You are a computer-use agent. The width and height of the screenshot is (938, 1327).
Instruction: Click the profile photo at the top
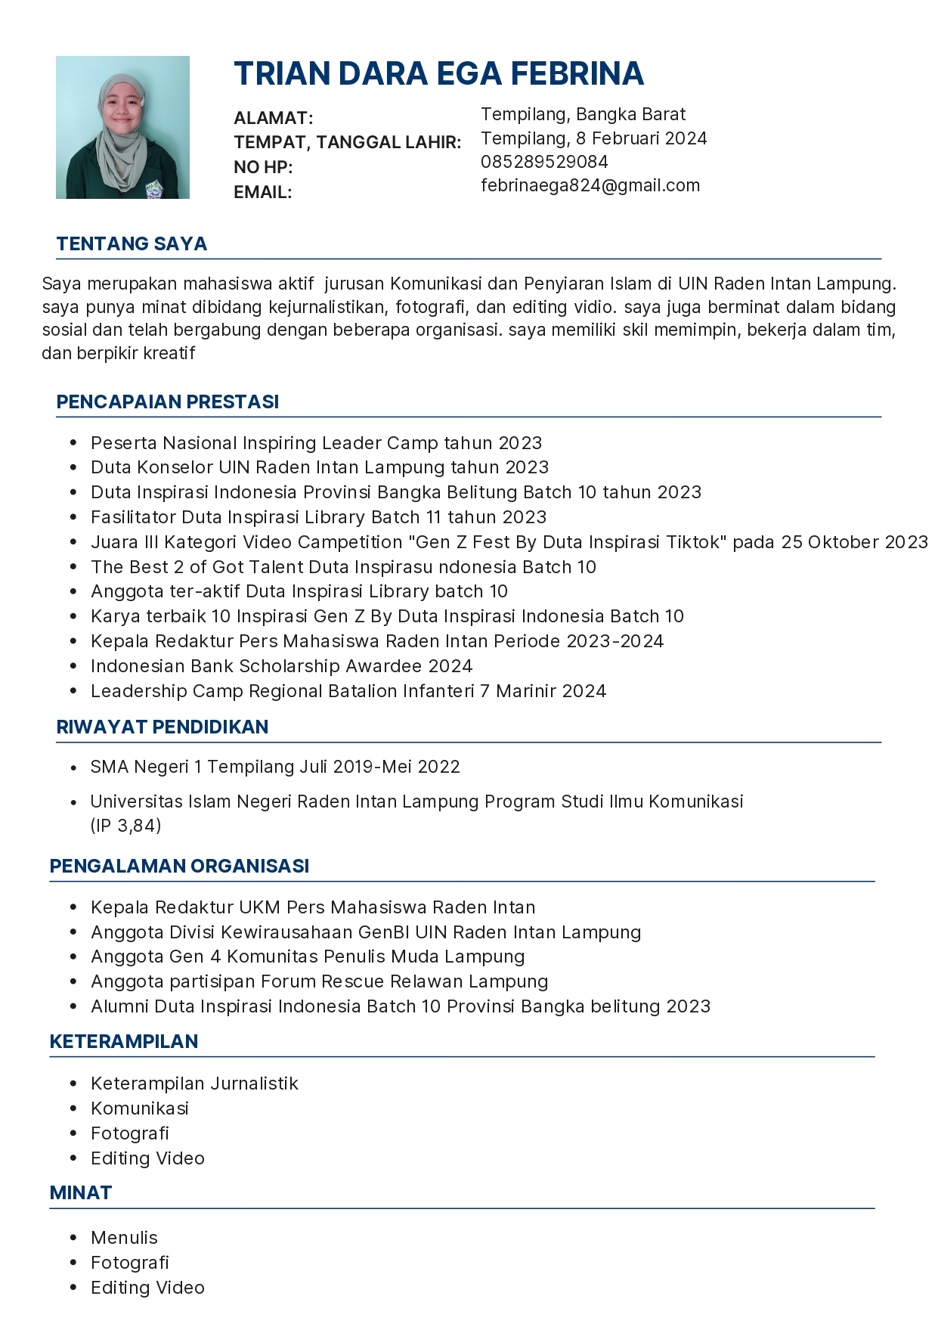tap(122, 127)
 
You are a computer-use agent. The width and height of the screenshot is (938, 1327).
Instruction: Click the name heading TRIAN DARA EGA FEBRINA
tap(438, 74)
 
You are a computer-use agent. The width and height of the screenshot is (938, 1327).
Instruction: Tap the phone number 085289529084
tap(544, 162)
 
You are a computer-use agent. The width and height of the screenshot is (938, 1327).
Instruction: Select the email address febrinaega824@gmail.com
tap(590, 185)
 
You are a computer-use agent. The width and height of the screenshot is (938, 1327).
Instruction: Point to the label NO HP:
tap(263, 167)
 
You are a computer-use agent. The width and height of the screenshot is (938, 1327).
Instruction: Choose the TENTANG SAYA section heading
tap(132, 243)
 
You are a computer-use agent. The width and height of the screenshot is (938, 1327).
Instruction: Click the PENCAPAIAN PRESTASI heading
tap(168, 402)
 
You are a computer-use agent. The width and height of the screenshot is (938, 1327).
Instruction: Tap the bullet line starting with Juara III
tap(509, 542)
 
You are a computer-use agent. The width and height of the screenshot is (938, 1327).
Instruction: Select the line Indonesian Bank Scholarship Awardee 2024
tap(281, 666)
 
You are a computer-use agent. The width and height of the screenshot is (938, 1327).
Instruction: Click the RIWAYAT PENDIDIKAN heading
tap(163, 727)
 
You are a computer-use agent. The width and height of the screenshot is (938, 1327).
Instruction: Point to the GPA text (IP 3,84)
tap(126, 825)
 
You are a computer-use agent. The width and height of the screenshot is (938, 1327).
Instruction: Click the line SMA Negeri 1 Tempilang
tap(275, 767)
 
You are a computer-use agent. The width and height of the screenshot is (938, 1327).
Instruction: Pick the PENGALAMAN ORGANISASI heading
tap(179, 866)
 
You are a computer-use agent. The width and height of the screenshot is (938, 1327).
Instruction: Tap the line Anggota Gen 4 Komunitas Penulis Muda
tap(308, 956)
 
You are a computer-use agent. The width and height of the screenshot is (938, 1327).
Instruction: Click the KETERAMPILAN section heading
tap(124, 1041)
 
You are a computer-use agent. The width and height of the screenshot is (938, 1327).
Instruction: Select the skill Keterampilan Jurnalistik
tap(194, 1084)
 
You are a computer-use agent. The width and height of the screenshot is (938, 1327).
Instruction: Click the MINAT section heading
tap(81, 1192)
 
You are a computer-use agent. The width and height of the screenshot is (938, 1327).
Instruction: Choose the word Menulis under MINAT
tap(124, 1238)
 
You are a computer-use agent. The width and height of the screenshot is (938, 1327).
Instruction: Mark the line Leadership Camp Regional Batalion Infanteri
tap(348, 691)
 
